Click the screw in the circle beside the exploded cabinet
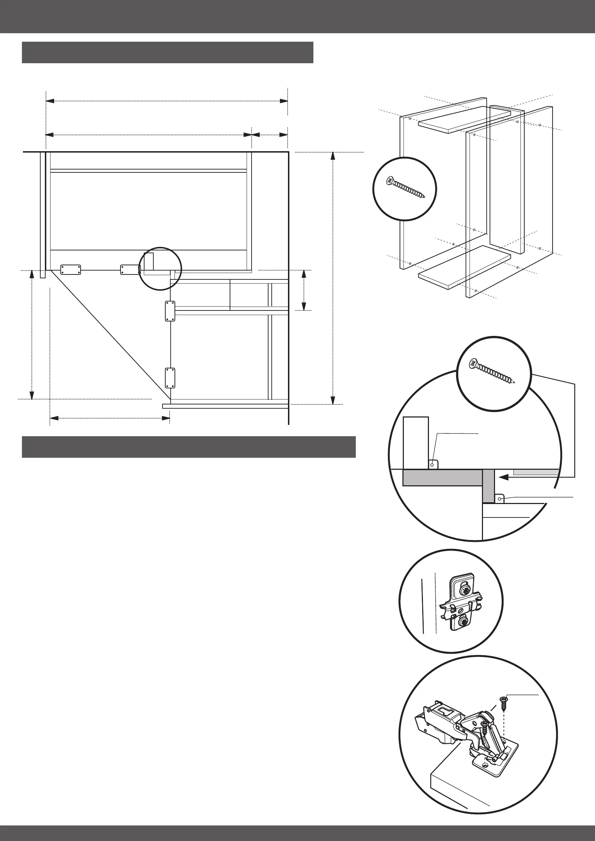tap(405, 188)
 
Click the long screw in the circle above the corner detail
tap(493, 372)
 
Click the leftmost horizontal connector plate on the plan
tap(70, 270)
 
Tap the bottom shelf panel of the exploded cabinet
tap(465, 267)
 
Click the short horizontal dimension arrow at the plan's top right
tap(270, 135)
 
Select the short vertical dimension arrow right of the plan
tap(304, 290)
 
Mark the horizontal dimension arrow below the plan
tap(110, 418)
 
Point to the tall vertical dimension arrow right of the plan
tap(333, 278)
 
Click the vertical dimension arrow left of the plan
tap(32, 334)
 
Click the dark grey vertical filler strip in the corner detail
tap(488, 486)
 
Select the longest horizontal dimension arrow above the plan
tap(167, 101)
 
